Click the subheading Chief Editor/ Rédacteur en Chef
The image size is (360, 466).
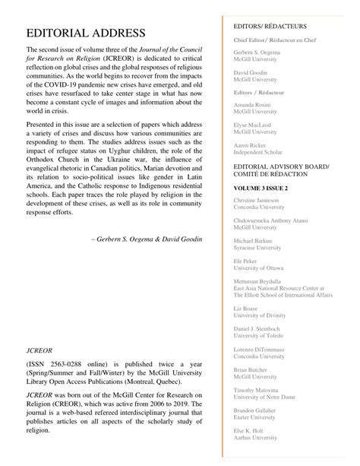coord(277,38)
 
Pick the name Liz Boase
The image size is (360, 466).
coord(246,309)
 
